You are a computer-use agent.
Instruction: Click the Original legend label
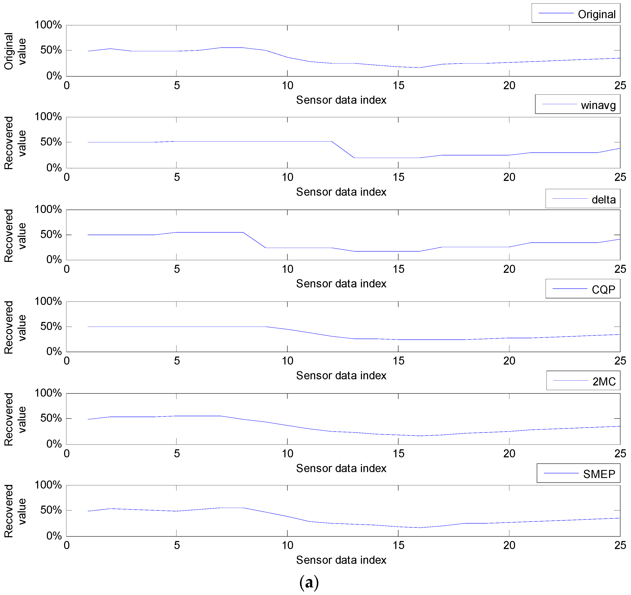[596, 14]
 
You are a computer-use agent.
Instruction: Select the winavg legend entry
[598, 105]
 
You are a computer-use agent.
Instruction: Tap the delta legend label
[603, 200]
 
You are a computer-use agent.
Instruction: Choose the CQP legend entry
[603, 289]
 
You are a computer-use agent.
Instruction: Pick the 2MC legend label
[604, 381]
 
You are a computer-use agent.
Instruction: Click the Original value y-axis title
[15, 51]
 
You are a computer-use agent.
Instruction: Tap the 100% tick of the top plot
[48, 25]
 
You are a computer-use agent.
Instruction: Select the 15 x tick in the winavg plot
[398, 177]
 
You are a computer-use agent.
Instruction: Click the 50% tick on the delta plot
[51, 235]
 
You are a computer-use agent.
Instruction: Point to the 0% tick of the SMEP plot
[54, 536]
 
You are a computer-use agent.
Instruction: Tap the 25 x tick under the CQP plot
[620, 361]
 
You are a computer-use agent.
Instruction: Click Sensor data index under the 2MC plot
[341, 468]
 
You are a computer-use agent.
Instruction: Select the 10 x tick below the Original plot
[288, 85]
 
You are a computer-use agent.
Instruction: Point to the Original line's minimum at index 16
[420, 67]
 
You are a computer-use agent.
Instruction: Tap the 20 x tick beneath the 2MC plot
[509, 453]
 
